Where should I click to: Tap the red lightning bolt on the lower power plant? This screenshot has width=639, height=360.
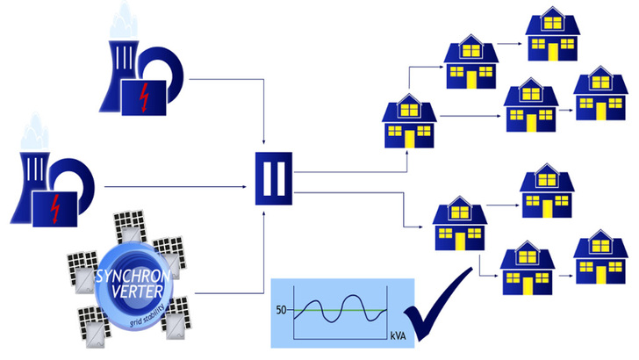coord(56,209)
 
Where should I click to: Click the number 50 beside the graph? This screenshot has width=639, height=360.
coord(282,310)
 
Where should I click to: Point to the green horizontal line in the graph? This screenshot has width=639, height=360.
coord(342,310)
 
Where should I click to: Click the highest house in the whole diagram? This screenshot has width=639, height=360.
coord(553,34)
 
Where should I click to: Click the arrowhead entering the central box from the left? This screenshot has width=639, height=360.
coord(250,186)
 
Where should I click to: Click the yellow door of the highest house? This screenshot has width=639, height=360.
coord(553,52)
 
